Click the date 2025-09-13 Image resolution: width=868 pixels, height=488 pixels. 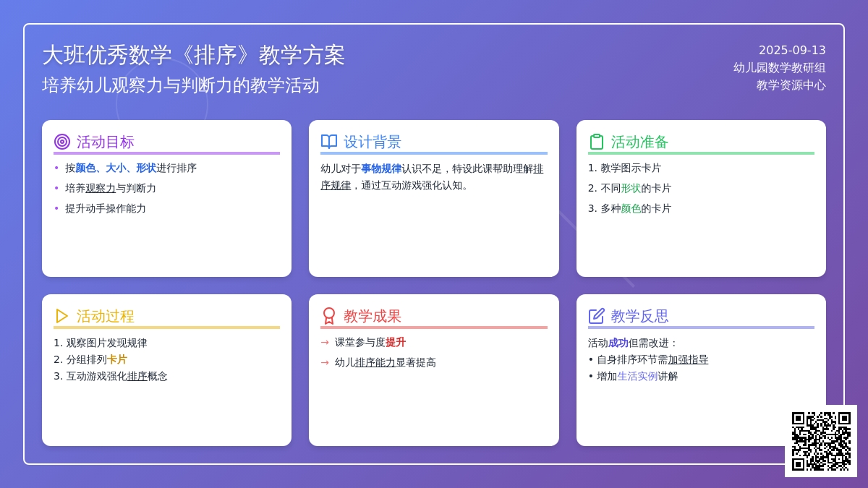792,51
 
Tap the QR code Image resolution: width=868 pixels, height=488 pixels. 821,441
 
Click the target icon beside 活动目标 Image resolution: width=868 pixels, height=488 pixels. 62,142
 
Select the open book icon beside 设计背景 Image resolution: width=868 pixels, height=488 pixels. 329,142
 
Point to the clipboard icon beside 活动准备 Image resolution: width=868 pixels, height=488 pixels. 596,142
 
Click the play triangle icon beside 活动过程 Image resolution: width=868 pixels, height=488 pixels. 61,316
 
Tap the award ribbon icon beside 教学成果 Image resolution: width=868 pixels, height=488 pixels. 329,316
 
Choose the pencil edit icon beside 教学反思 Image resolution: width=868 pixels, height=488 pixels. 596,316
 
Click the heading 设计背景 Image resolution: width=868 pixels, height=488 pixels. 372,142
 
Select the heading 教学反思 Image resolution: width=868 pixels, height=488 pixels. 639,317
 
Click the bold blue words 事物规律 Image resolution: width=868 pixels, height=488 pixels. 381,169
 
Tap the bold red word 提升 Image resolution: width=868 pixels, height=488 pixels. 395,343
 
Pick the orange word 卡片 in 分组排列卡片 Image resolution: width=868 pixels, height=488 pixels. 116,359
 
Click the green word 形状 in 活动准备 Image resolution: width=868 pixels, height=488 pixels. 631,188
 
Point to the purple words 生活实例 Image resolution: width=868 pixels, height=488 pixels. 637,376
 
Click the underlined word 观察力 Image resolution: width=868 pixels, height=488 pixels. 101,188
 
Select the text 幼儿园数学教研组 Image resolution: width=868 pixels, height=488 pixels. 779,68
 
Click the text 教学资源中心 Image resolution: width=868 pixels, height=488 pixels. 791,85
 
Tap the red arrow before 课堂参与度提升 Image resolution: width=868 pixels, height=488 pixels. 325,343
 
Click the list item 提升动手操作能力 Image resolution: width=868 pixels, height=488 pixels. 106,208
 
